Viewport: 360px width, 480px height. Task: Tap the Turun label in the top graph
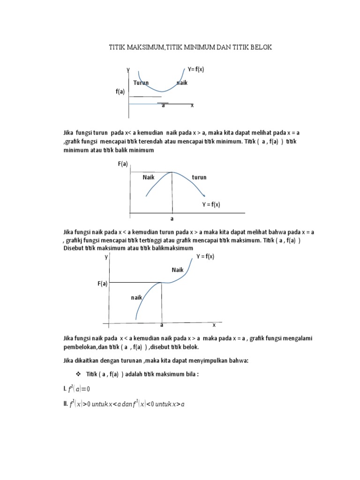pos(141,83)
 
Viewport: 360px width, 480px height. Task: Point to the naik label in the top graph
pos(182,83)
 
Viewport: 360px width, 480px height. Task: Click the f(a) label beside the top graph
pos(120,92)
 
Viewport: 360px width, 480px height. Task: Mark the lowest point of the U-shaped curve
pos(161,92)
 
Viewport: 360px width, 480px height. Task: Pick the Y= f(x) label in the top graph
pos(196,69)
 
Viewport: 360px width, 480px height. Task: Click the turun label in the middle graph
pos(199,178)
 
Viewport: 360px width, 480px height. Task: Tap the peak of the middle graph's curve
pos(172,172)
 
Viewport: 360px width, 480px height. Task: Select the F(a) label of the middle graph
pos(123,164)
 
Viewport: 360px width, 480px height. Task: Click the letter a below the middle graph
pos(172,219)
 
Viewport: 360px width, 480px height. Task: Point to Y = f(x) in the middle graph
pos(211,204)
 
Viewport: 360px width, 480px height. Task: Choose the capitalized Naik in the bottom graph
pos(178,270)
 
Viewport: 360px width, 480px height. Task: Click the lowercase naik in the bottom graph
pos(136,297)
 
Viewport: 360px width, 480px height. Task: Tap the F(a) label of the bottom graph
pos(102,284)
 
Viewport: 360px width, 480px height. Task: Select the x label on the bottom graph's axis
pos(214,324)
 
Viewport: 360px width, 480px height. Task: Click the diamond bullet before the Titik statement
pos(78,375)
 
